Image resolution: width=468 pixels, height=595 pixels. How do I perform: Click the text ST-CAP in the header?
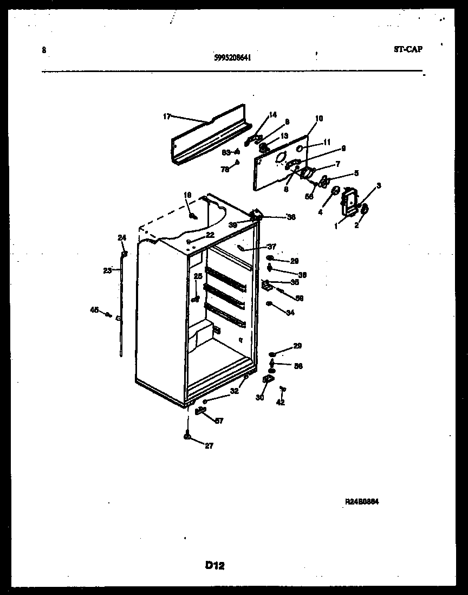[x=408, y=49]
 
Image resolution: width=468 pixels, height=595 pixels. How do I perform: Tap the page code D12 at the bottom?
[x=215, y=565]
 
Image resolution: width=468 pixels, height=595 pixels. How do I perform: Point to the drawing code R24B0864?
[x=362, y=502]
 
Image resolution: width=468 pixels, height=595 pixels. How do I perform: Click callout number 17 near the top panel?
[x=166, y=117]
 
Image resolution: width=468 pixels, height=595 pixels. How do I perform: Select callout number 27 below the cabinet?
[x=209, y=446]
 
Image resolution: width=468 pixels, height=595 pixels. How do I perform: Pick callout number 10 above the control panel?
[x=318, y=119]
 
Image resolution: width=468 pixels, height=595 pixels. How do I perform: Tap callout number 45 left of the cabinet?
[x=94, y=310]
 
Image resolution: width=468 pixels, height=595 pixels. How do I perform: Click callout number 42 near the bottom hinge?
[x=280, y=402]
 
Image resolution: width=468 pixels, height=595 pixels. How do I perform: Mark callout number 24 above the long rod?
[x=121, y=237]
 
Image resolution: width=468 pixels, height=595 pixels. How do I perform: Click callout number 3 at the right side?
[x=378, y=186]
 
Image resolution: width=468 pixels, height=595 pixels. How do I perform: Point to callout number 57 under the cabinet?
[x=219, y=421]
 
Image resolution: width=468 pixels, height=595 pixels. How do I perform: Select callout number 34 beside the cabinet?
[x=290, y=312]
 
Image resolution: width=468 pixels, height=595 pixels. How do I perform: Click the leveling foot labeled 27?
[x=187, y=437]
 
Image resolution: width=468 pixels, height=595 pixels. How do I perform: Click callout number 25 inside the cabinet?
[x=198, y=276]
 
